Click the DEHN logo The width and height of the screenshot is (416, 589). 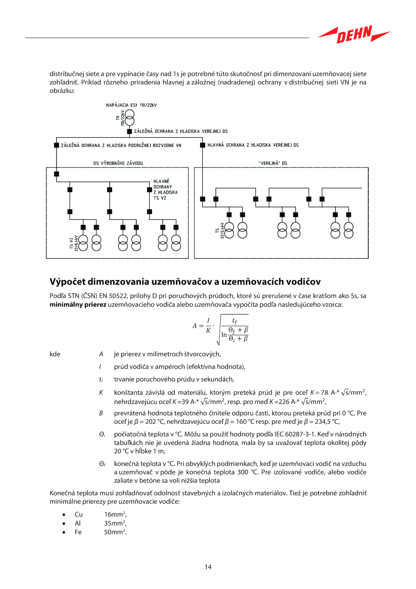[354, 34]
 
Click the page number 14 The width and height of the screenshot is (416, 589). [208, 567]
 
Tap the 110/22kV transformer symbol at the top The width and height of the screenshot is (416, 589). [129, 118]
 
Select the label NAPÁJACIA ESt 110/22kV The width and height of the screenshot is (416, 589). [131, 105]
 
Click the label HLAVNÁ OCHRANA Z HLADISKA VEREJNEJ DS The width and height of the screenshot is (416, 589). [253, 145]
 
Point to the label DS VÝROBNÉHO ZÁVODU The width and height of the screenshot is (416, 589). [118, 163]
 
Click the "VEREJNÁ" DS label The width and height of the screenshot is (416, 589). [273, 163]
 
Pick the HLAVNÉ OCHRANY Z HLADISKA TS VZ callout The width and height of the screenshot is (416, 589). [165, 189]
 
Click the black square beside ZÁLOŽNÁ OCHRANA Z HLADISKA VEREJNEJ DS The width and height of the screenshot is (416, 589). [129, 131]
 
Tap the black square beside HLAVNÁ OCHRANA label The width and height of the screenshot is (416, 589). [203, 145]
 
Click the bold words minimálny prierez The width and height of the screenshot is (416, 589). [78, 305]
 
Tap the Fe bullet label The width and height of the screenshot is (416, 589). [78, 532]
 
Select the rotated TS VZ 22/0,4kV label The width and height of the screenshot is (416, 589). [74, 243]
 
